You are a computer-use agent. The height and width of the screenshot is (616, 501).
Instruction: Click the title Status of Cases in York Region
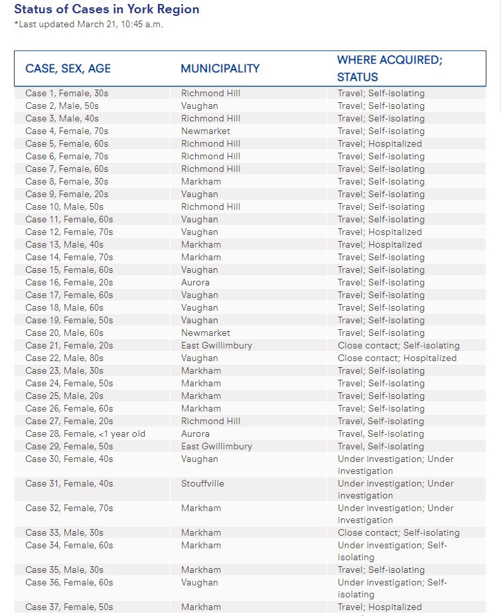pos(107,9)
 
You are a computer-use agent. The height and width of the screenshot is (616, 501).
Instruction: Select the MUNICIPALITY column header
pos(220,68)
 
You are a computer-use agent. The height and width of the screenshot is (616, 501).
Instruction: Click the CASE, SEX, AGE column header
pos(68,68)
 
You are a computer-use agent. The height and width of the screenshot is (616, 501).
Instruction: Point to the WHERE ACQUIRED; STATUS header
pos(390,68)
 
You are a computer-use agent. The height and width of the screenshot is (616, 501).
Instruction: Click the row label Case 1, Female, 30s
pos(66,93)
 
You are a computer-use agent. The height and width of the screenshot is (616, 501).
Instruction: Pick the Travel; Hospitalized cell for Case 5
pos(380,143)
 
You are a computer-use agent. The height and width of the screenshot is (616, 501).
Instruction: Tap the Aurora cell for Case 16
pos(195,282)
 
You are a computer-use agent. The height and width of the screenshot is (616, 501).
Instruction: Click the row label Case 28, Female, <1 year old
pos(85,433)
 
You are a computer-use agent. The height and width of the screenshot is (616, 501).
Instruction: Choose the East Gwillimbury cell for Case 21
pos(216,345)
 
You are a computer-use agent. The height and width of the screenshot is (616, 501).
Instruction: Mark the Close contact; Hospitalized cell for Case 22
pos(397,358)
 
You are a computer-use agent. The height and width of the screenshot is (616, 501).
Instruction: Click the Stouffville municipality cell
pos(202,483)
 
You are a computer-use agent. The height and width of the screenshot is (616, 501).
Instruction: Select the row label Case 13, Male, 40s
pos(64,244)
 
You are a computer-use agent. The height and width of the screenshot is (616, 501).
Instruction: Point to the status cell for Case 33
pos(398,532)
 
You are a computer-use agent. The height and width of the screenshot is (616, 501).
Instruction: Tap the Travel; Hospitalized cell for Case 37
pos(380,607)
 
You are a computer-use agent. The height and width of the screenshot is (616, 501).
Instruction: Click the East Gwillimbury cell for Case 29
pos(216,446)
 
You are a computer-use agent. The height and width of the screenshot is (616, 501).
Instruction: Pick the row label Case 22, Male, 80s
pos(64,358)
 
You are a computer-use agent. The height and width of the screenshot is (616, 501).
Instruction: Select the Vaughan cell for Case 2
pos(200,106)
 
